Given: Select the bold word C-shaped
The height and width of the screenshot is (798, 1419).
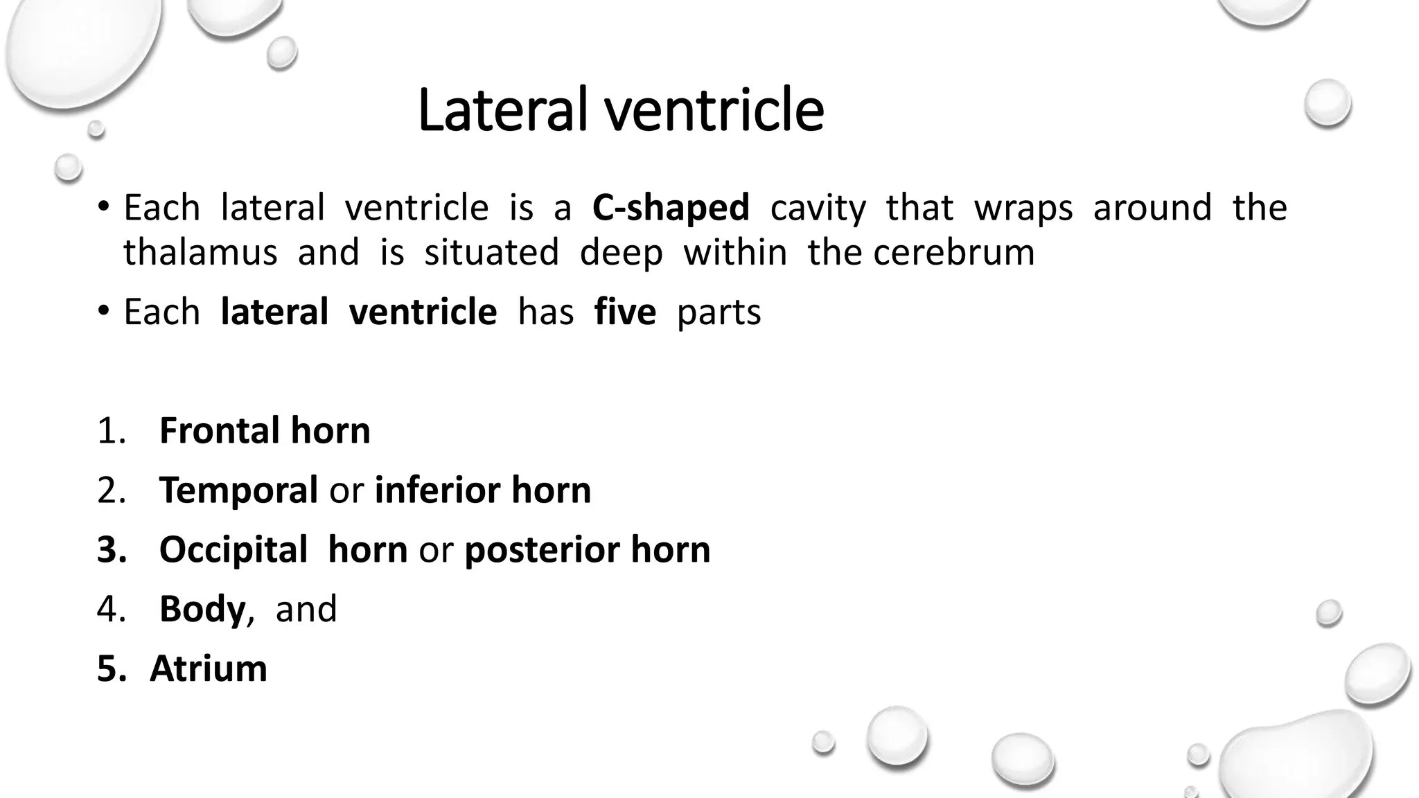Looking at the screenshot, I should [671, 208].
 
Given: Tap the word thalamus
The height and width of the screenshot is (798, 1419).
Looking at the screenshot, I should [200, 252].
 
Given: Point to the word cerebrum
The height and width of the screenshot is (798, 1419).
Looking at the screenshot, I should [953, 252].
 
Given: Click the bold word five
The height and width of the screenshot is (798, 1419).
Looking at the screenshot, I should [624, 312].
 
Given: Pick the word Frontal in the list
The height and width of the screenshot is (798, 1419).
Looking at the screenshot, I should [219, 430].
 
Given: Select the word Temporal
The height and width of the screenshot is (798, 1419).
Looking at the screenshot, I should [238, 490].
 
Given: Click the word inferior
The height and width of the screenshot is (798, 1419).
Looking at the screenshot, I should [437, 490].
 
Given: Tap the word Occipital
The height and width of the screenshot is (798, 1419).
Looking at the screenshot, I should [233, 549].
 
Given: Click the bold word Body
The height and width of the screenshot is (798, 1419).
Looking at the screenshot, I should [202, 609].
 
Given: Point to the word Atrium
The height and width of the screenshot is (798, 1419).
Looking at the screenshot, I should [209, 668].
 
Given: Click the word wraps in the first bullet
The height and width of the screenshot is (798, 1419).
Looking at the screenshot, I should [1023, 208].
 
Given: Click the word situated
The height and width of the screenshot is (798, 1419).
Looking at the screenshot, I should [491, 252].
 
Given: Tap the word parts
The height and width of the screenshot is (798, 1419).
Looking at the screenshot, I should [719, 312].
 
